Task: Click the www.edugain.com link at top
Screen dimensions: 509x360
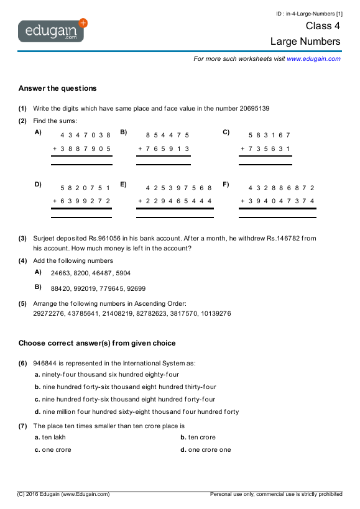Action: click(313, 58)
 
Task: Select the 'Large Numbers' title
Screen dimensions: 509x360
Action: click(305, 42)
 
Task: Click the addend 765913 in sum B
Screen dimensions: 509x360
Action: click(167, 149)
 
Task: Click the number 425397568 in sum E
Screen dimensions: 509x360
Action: click(178, 187)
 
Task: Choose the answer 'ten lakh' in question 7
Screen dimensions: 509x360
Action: click(53, 438)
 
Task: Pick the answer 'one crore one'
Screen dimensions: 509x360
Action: click(209, 450)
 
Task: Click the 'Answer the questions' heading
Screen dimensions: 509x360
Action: click(57, 88)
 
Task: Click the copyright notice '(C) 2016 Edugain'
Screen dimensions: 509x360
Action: click(63, 494)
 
